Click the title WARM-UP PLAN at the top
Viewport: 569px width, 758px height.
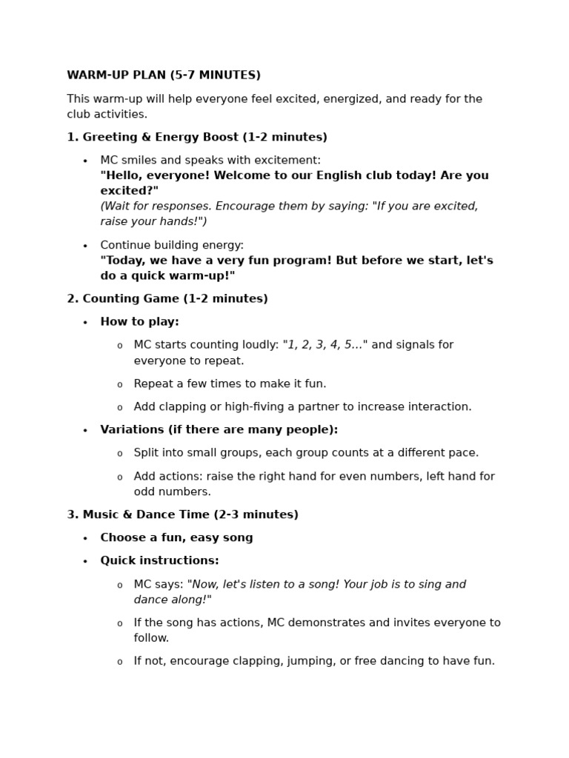click(x=163, y=76)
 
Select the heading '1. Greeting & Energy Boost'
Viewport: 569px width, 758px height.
click(x=196, y=137)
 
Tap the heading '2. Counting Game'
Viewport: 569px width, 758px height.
click(x=167, y=299)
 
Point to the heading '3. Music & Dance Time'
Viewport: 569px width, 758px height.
click(x=182, y=514)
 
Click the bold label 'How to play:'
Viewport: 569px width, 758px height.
click(x=139, y=322)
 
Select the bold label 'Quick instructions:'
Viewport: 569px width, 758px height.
click(x=159, y=561)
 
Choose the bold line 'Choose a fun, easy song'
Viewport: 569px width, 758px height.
click(x=176, y=538)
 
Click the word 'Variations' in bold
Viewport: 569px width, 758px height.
click(x=131, y=430)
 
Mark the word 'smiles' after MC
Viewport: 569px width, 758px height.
click(x=139, y=161)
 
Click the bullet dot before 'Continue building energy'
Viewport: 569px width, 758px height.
click(x=85, y=246)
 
